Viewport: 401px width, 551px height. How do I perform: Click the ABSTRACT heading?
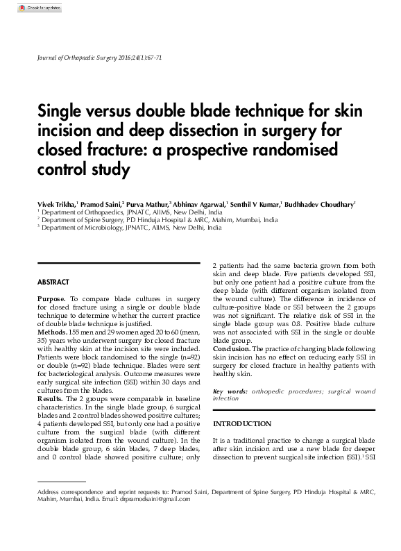pos(53,282)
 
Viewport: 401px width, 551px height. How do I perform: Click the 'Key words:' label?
pos(230,392)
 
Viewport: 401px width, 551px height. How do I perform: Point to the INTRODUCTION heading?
pos(242,423)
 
